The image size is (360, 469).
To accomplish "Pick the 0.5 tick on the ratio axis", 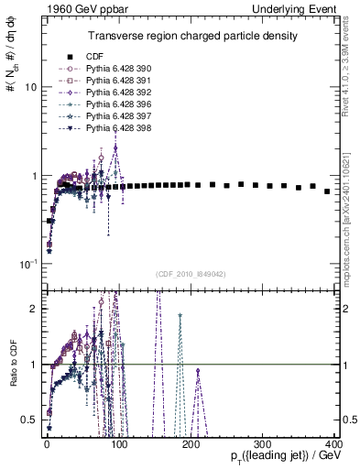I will click(27, 419).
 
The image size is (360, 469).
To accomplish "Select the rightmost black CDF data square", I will click(327, 191).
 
